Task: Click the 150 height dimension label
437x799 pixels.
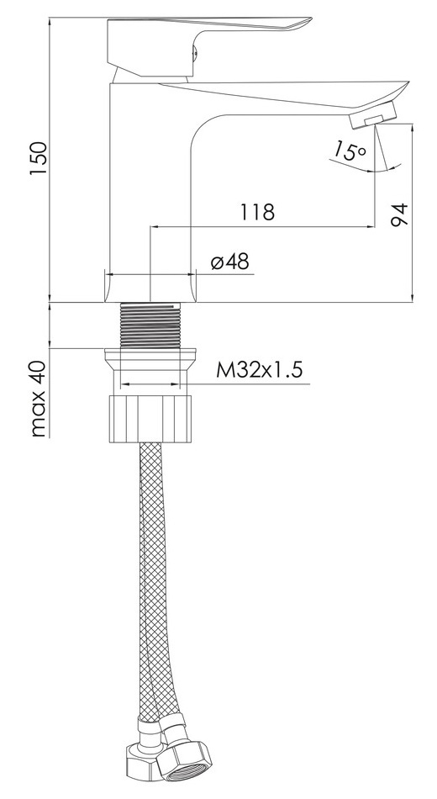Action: [39, 159]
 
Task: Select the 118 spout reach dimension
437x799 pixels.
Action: [257, 211]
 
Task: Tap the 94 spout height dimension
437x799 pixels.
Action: [399, 214]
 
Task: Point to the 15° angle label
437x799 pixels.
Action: [350, 151]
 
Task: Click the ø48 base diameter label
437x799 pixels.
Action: [229, 262]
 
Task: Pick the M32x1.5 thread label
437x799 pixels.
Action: [259, 369]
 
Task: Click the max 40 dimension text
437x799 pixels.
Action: [39, 399]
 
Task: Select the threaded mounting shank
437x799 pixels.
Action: [150, 325]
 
